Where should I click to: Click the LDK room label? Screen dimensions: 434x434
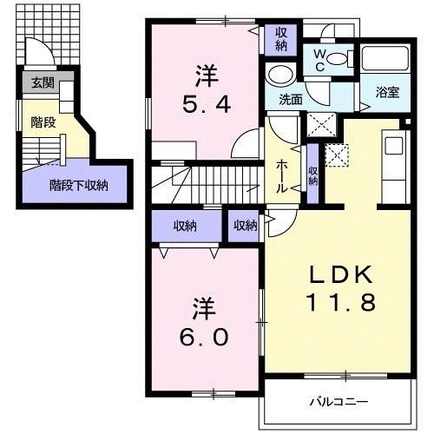343,276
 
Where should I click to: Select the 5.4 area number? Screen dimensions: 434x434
206,105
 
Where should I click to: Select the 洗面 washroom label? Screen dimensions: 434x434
290,100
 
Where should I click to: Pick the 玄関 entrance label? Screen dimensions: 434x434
43,83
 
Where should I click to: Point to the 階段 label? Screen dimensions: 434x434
43,122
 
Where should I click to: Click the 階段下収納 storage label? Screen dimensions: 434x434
79,184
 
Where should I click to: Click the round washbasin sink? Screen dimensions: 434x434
280,73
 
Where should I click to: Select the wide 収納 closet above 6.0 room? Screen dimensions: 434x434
184,226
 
